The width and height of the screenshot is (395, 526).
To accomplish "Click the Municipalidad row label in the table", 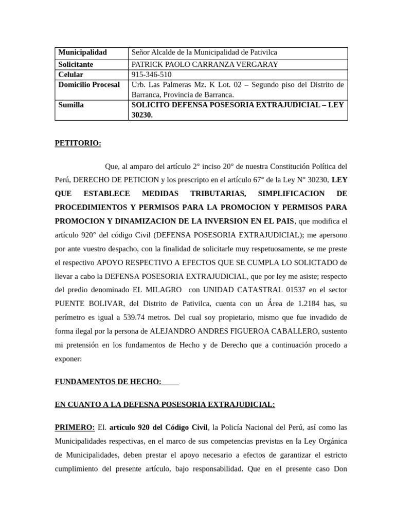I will [83, 52].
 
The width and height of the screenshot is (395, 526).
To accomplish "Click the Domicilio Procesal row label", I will [89, 85].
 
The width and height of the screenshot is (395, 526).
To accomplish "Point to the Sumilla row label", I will [71, 105].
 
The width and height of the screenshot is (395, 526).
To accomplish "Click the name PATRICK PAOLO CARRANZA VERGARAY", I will [205, 64].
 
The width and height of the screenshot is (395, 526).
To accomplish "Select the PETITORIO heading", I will [78, 143].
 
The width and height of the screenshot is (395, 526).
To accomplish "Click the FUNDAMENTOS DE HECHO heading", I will [108, 382].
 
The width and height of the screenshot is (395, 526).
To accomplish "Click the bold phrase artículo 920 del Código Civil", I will [165, 427].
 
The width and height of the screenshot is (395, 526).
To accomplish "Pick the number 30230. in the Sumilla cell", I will [142, 116].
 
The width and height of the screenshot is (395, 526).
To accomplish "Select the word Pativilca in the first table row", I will [262, 52].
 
